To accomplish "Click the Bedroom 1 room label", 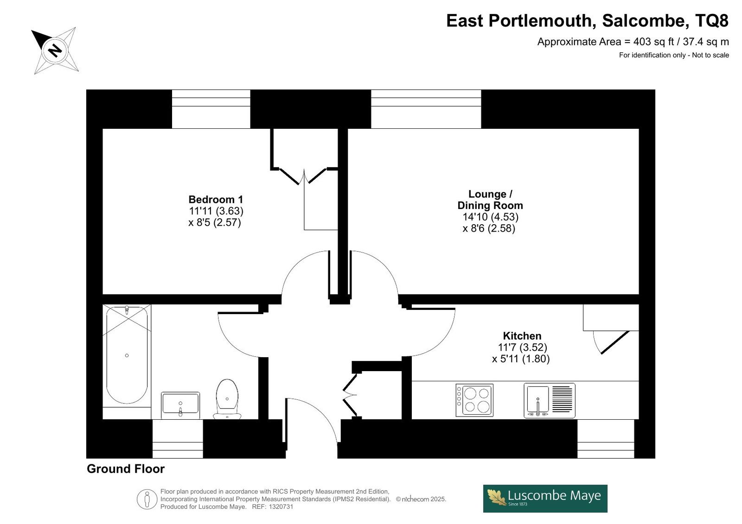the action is point(216,200).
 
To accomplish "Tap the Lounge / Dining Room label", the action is point(490,200).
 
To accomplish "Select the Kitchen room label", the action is point(522,336).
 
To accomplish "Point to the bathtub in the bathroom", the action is point(127,355).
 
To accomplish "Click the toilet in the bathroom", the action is point(227,399).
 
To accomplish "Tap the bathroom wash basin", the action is point(180,405).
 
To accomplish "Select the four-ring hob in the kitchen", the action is point(474,400).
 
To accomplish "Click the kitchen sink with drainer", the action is point(550,400).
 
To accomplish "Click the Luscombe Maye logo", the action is point(545,499).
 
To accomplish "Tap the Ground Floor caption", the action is point(126,469).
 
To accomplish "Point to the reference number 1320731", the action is point(281,507).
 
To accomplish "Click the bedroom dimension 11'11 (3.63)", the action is point(216,211).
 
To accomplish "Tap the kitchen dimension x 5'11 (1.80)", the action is point(521,359).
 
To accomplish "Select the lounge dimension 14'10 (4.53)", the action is point(490,217).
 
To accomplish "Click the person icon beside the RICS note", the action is point(147,499).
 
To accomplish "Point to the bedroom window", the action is point(211,109).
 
